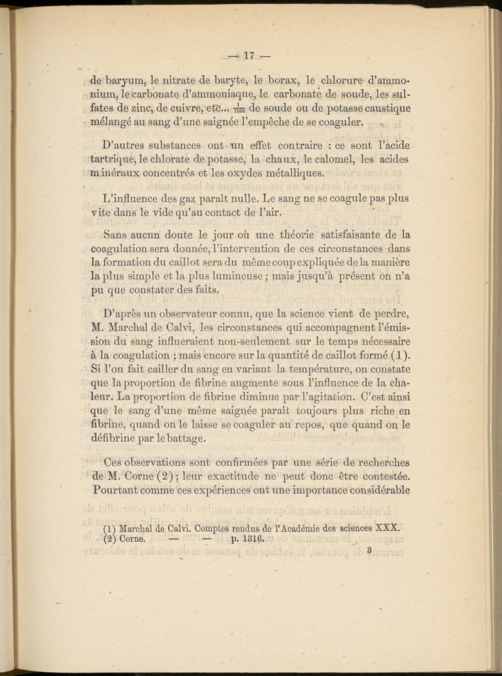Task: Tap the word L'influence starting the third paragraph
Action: pyautogui.click(x=132, y=200)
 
